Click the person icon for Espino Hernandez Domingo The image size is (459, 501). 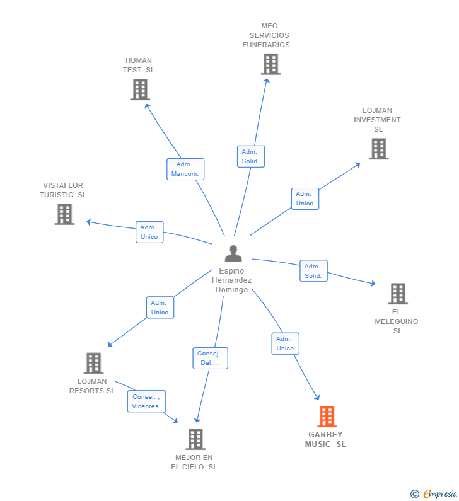233,253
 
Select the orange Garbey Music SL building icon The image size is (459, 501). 327,417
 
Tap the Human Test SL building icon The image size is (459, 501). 140,89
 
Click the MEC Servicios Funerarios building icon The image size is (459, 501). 270,64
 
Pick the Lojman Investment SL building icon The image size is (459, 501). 378,149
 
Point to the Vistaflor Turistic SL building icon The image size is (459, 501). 64,214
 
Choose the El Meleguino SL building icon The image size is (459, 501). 397,294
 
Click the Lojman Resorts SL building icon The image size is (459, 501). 93,363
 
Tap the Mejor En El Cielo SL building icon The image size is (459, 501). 195,439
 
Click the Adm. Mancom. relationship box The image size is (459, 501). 185,169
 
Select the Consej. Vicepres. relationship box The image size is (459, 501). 147,401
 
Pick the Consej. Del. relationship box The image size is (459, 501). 210,358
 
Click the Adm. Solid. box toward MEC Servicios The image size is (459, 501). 250,156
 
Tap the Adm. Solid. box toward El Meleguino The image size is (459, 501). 313,271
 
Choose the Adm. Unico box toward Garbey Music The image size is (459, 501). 285,343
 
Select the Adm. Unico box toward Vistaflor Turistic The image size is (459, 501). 149,232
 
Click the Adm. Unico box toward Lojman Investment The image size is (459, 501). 305,199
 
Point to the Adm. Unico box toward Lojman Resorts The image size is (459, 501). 160,308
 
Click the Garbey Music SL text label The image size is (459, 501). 325,439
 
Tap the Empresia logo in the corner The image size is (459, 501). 435,494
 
